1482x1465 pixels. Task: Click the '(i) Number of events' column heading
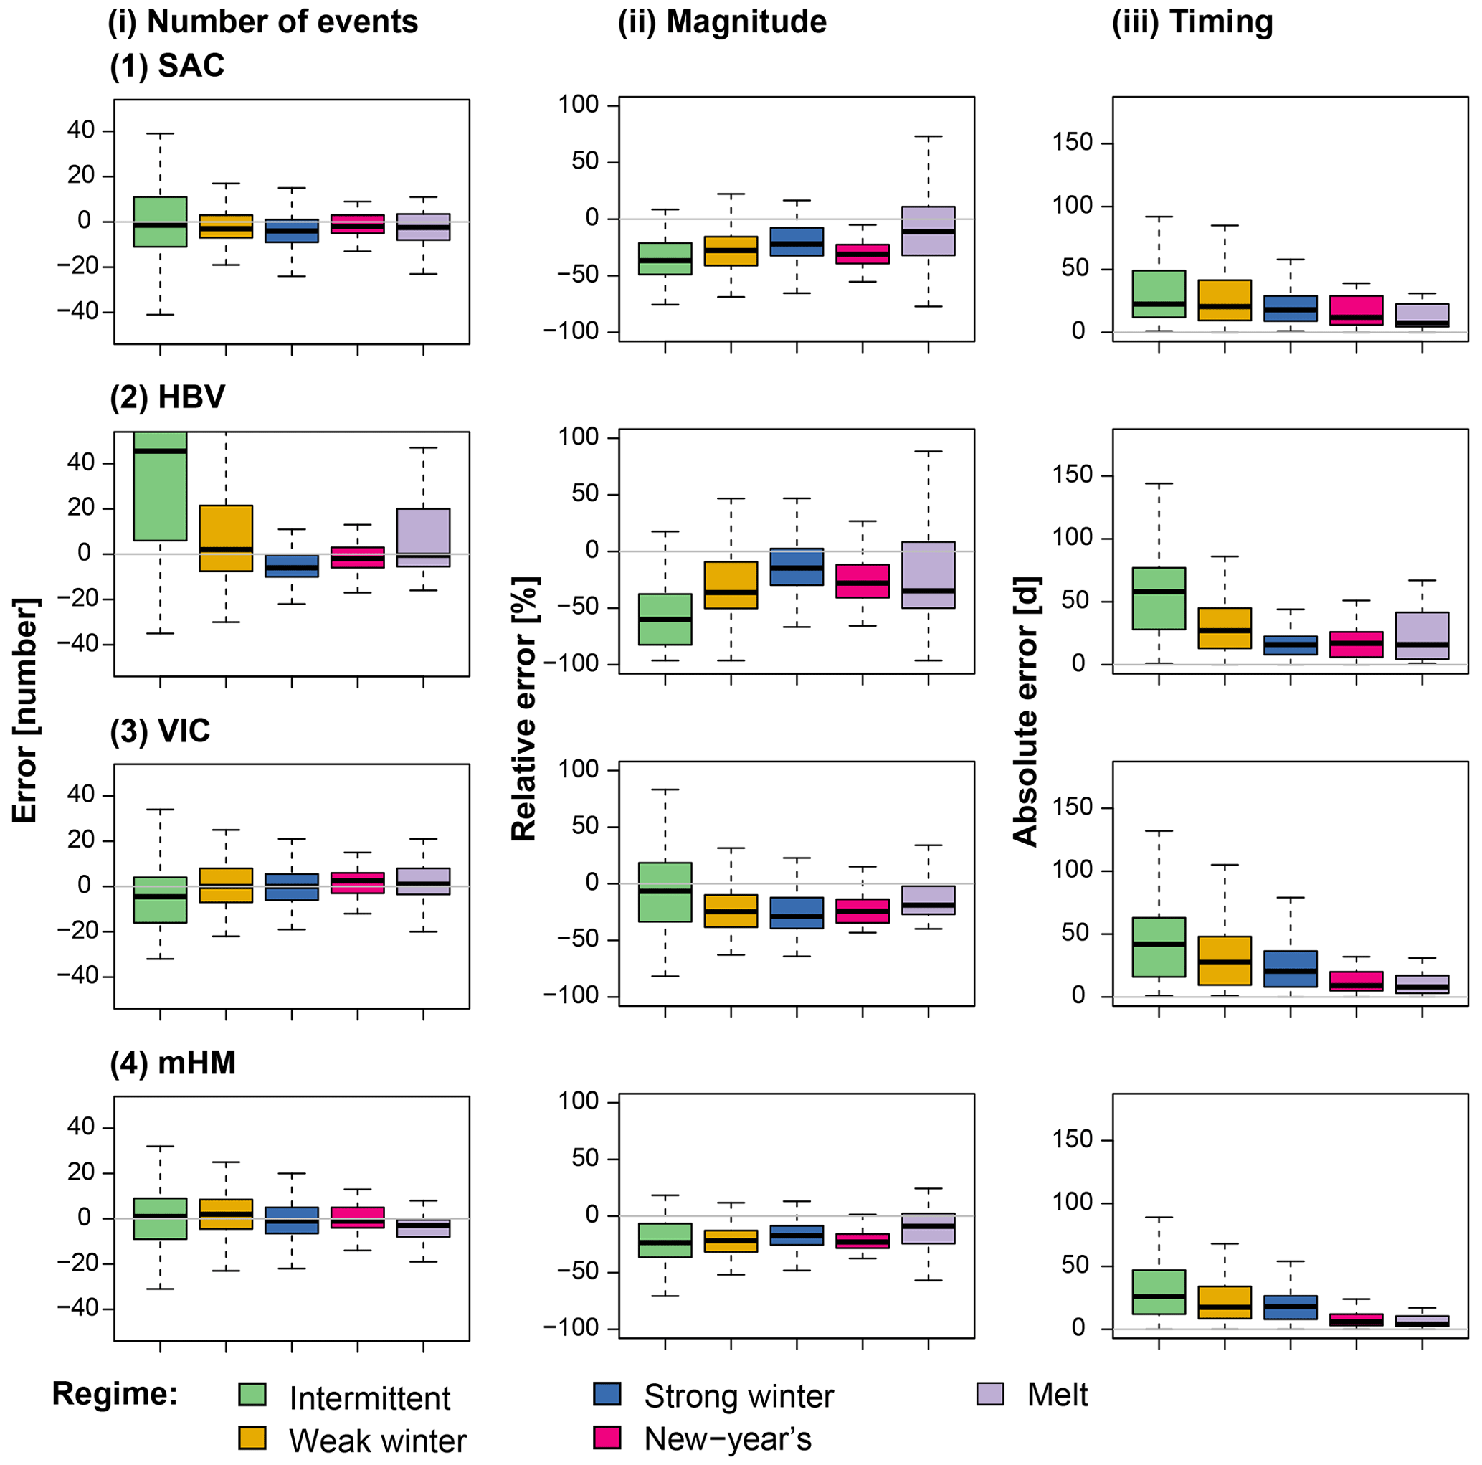(263, 22)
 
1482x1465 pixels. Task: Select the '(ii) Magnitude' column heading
(722, 22)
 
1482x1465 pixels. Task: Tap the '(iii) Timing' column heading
(1192, 22)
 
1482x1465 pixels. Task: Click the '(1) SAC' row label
(167, 66)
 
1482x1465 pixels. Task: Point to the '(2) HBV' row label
(167, 397)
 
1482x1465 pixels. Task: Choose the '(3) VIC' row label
(160, 731)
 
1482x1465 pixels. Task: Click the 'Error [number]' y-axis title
(26, 710)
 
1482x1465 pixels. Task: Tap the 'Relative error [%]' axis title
(525, 708)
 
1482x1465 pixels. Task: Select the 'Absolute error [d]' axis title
(1025, 710)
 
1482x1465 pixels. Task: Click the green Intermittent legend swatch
(252, 1395)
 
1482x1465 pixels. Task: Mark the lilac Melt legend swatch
(990, 1395)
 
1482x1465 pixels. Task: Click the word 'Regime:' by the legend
(115, 1395)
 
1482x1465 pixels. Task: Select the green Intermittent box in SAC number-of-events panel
(160, 222)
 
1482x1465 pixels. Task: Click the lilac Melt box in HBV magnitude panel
(928, 574)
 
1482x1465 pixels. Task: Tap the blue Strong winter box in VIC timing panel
(1291, 969)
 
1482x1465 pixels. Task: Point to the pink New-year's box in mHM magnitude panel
(863, 1241)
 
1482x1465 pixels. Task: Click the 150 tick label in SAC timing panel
(1073, 143)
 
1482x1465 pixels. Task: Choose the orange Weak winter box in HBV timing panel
(1225, 628)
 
